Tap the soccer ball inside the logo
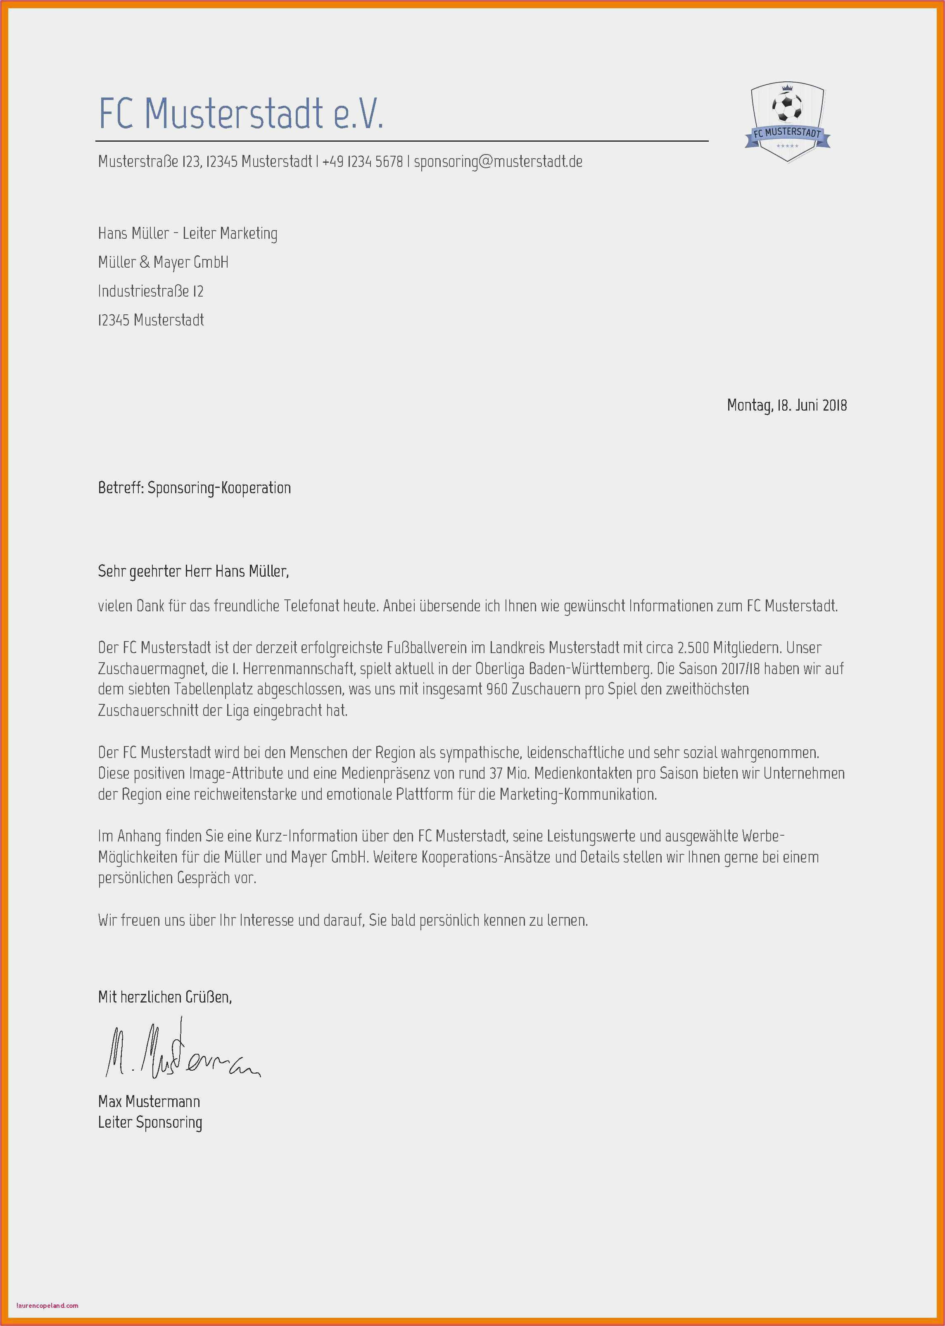pyautogui.click(x=787, y=107)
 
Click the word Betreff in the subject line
pyautogui.click(x=119, y=487)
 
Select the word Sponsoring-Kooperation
pyautogui.click(x=219, y=487)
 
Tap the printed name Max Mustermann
pyautogui.click(x=149, y=1101)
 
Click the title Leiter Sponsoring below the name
pyautogui.click(x=150, y=1122)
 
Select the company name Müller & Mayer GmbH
pyautogui.click(x=163, y=262)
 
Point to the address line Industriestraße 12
pyautogui.click(x=151, y=291)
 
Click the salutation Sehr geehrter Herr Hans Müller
pyautogui.click(x=193, y=571)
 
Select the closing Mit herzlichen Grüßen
pyautogui.click(x=165, y=997)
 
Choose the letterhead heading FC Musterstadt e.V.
pyautogui.click(x=241, y=114)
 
